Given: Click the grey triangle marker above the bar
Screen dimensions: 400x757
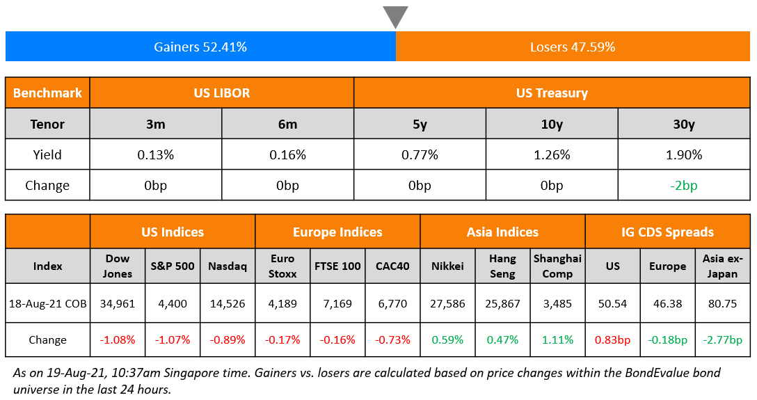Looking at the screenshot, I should tap(395, 16).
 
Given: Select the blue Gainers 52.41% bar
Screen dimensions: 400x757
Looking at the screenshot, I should tap(200, 47).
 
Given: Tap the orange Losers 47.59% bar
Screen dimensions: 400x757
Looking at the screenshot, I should tap(573, 47).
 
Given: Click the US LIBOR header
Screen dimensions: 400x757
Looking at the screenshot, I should tap(222, 93).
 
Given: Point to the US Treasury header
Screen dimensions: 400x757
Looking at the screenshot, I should tap(552, 93).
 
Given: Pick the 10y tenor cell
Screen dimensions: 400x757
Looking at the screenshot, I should tap(552, 124).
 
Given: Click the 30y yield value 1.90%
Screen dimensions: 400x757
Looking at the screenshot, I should tap(684, 154).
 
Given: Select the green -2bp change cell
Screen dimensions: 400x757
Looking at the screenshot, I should tap(684, 186).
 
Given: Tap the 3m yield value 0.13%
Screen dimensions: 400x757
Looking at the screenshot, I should tap(156, 154).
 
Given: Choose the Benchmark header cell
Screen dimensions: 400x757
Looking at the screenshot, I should tap(47, 93).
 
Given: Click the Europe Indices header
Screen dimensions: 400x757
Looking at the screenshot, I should tap(337, 232).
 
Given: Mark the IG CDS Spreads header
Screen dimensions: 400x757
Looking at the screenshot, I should tap(667, 232).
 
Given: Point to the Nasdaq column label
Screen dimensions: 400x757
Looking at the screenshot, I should tap(228, 266).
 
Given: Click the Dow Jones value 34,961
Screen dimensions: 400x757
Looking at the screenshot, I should tap(118, 303).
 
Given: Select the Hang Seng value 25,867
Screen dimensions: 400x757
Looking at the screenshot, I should tap(502, 303).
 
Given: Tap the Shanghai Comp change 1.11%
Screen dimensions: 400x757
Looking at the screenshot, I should tap(557, 340).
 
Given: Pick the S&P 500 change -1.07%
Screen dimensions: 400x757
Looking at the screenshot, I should tap(173, 340).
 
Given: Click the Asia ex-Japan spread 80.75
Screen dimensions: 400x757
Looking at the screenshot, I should tap(722, 303).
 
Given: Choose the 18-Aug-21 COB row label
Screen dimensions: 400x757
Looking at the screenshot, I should tap(47, 303).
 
